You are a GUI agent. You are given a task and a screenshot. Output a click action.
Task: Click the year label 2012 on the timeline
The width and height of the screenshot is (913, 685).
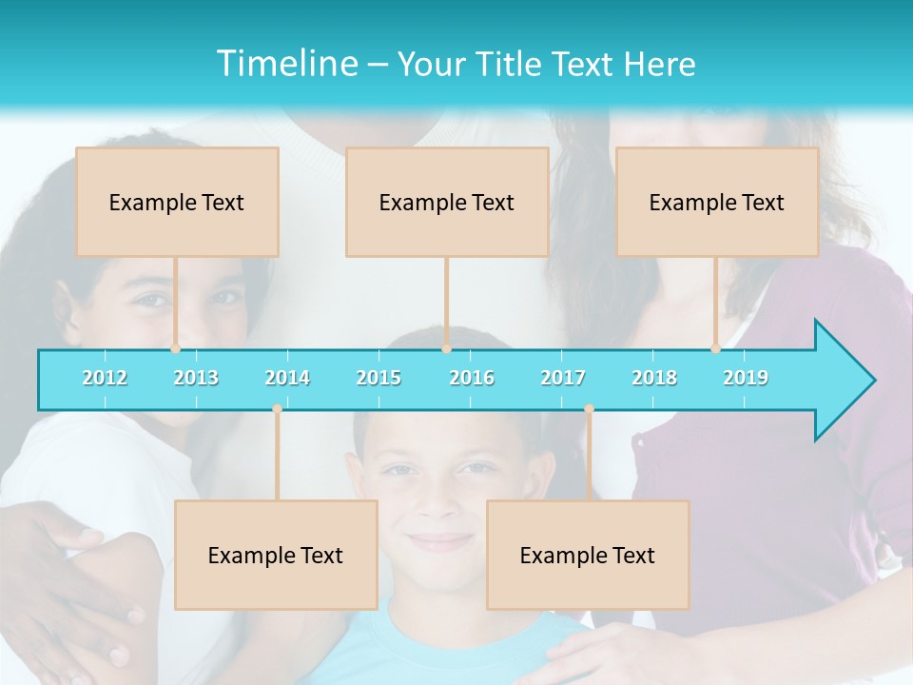[105, 378]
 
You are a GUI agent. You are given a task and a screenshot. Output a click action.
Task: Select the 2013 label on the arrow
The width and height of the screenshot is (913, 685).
[196, 378]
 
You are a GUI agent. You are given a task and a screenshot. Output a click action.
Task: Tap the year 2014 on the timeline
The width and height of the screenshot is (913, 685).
[287, 378]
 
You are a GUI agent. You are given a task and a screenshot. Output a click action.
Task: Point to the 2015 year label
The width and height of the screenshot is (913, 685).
[379, 378]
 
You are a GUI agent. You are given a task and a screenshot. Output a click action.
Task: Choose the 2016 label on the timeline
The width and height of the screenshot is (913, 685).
[472, 378]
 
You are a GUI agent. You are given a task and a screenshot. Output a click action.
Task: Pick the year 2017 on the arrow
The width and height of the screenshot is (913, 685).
[563, 378]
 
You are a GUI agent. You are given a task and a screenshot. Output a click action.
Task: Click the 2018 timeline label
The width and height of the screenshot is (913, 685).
[654, 378]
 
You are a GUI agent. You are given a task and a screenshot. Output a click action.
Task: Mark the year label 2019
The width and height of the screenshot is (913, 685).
[746, 378]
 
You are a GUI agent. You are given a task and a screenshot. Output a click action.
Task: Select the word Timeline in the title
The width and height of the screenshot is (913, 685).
[285, 64]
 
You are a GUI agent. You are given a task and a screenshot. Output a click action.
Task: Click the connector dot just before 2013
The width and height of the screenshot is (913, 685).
[175, 349]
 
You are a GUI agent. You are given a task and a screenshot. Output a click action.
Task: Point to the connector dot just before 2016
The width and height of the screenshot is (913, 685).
[446, 349]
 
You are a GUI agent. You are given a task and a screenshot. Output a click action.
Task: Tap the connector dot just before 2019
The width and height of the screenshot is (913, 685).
[715, 349]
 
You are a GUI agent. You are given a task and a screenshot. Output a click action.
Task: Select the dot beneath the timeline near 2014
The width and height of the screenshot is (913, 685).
[277, 409]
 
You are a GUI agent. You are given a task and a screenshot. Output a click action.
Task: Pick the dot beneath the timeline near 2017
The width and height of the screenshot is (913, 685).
[589, 409]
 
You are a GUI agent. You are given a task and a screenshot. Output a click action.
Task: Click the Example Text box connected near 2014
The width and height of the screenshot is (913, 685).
[276, 555]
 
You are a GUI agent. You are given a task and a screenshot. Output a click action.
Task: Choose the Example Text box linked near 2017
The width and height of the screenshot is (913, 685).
[588, 555]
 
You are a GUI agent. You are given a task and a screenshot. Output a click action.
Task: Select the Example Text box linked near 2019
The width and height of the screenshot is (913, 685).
[717, 202]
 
